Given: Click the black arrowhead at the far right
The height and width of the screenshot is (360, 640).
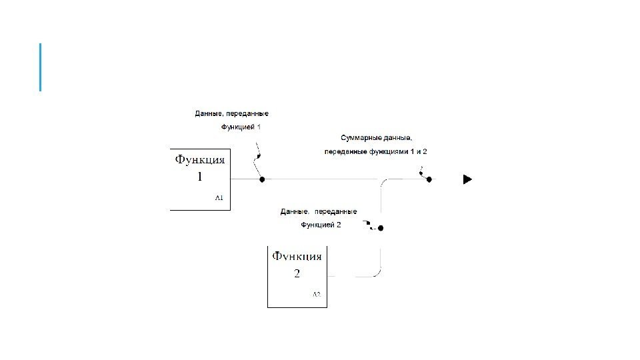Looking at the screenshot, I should [468, 179].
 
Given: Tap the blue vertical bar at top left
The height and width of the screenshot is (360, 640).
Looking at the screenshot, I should [41, 67].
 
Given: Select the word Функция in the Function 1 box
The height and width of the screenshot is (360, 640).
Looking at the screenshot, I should [200, 160].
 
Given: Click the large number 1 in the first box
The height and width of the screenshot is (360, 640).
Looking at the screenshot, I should [199, 177].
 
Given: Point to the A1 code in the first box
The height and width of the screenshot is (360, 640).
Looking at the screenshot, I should [219, 198].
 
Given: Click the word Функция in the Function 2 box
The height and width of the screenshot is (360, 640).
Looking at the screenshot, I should [297, 256].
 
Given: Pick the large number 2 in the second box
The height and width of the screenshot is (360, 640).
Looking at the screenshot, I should [297, 273].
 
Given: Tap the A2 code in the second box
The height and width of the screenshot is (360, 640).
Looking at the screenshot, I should [317, 294].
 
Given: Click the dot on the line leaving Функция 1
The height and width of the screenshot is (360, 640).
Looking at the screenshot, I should [262, 179].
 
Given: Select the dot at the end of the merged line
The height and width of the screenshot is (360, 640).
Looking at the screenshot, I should [429, 179].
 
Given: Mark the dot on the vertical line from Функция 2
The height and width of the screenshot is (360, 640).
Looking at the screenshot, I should [381, 228].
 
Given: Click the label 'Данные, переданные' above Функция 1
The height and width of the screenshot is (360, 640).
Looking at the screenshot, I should [231, 114].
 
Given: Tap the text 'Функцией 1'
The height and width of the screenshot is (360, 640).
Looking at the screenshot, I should [241, 127].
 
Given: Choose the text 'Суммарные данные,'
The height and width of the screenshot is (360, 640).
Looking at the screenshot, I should [376, 138].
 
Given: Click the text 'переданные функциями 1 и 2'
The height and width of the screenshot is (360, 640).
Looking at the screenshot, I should [375, 152].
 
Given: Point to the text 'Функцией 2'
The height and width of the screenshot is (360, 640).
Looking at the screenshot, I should [321, 225].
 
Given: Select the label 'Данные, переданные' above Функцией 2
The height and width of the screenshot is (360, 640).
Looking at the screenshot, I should [318, 211].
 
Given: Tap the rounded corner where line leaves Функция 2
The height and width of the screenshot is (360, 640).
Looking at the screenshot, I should [377, 273].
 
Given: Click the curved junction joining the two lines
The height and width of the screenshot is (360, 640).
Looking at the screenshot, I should [384, 183].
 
